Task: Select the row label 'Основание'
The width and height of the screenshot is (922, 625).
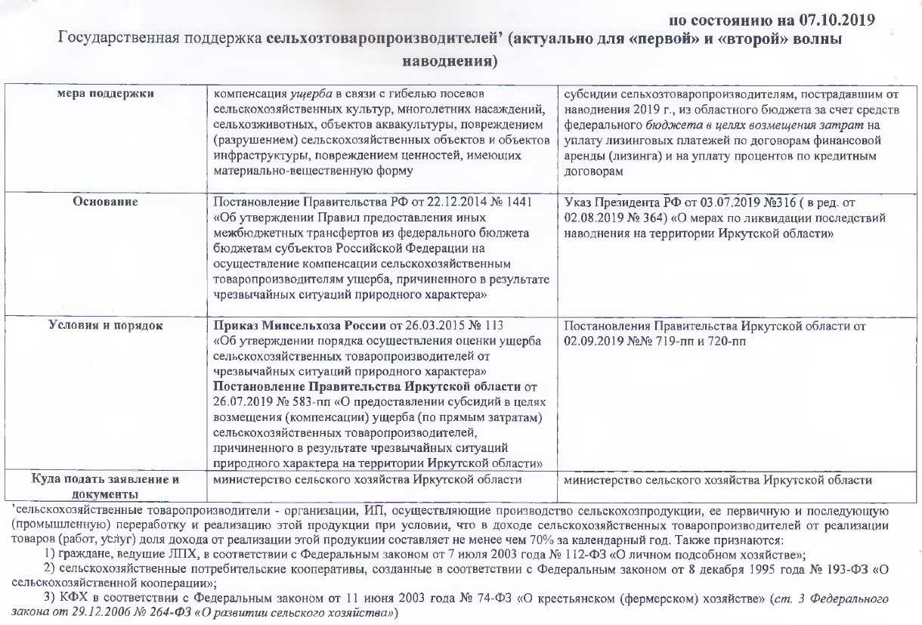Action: pos(108,203)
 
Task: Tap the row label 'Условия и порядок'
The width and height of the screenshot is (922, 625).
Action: pos(108,326)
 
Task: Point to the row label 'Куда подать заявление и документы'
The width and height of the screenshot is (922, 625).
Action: pos(108,484)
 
